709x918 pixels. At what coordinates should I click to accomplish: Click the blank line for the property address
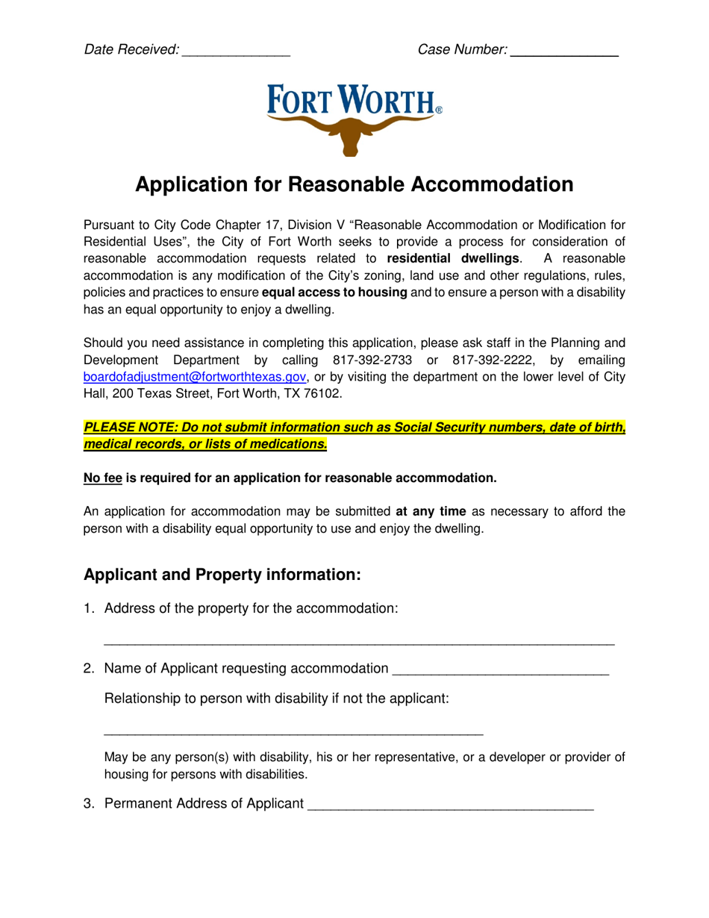coord(358,643)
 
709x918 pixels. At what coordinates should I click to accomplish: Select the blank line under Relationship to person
coord(293,734)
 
